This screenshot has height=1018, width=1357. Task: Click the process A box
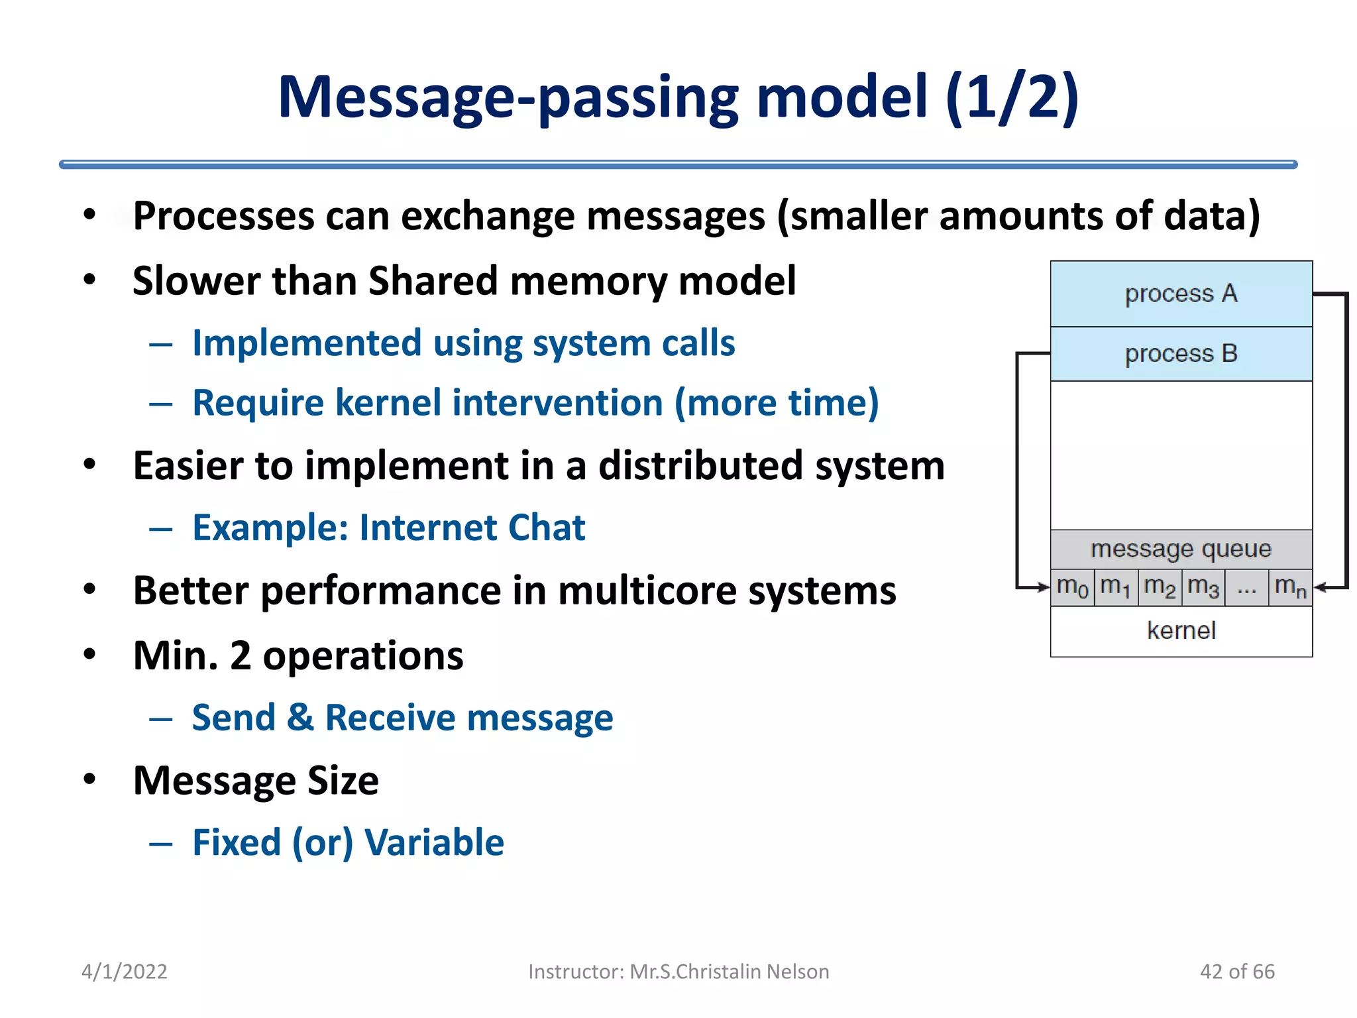click(1181, 294)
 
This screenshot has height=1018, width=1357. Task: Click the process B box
click(1181, 354)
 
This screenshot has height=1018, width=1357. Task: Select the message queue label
click(1181, 549)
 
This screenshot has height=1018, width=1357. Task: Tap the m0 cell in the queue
click(1072, 587)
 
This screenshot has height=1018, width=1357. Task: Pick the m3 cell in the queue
click(1203, 587)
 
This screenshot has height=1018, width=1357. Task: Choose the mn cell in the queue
click(1290, 587)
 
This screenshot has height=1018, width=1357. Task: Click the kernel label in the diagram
click(1181, 630)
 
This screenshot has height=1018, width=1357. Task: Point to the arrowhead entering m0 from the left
click(1046, 587)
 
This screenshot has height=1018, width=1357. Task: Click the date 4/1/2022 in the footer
click(124, 972)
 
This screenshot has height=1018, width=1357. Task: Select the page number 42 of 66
click(1237, 972)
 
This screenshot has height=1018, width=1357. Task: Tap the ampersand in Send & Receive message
click(300, 718)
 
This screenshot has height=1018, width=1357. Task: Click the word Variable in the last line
click(434, 843)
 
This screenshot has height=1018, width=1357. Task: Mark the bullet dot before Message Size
click(89, 779)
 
